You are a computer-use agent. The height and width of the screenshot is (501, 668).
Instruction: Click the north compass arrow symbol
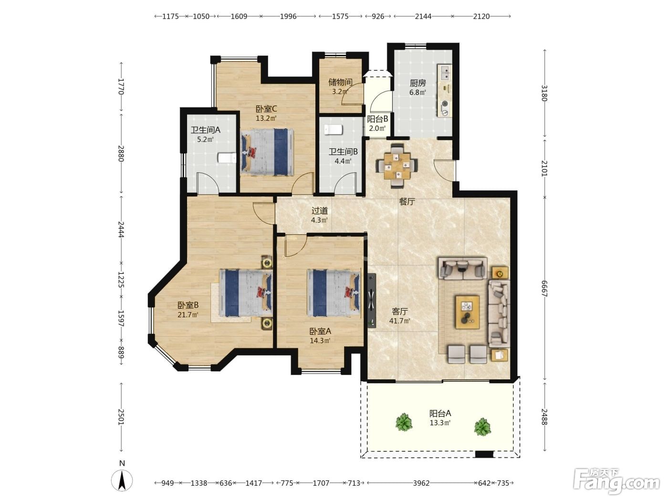(122, 480)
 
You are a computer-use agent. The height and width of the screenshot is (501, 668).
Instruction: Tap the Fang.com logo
(616, 482)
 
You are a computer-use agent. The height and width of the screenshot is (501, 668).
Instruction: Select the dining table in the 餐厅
(397, 166)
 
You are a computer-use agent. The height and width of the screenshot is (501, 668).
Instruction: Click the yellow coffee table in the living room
(468, 312)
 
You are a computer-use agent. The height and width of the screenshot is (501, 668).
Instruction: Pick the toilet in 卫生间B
(333, 129)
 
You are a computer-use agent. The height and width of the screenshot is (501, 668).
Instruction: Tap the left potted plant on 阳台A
(404, 422)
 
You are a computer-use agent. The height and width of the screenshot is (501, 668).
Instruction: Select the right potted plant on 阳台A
(482, 427)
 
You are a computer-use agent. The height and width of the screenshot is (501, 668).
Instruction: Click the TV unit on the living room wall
(371, 300)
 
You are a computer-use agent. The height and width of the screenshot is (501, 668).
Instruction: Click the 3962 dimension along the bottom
(421, 483)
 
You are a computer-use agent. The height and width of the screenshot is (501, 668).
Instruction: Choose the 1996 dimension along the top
(288, 16)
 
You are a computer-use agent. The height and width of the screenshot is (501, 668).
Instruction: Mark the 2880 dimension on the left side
(121, 154)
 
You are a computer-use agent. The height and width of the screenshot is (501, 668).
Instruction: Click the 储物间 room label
(340, 82)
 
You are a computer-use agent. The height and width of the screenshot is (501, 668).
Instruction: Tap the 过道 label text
(320, 210)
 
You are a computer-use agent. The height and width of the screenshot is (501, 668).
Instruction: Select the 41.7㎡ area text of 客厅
(399, 321)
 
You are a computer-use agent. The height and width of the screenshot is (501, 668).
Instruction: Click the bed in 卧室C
(268, 152)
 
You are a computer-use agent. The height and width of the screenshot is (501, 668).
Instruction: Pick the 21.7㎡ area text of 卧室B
(188, 314)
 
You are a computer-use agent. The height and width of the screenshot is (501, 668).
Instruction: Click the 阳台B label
(377, 119)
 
